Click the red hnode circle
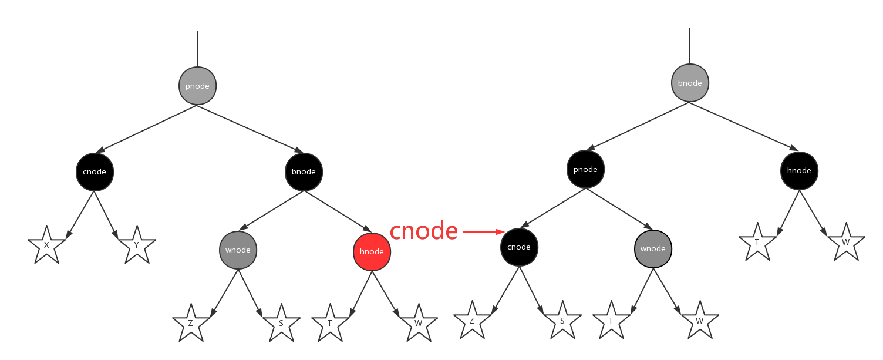372,252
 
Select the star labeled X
46,245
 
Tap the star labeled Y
136,245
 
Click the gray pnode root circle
197,86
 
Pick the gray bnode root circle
690,83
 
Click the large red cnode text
423,231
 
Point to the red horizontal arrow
483,232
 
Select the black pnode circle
585,170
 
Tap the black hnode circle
799,170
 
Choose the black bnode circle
304,172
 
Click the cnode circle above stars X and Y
95,172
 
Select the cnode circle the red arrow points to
519,247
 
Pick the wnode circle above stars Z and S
238,250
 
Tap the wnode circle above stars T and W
653,249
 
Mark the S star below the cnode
562,321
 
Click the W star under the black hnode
845,243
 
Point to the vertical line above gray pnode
197,49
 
